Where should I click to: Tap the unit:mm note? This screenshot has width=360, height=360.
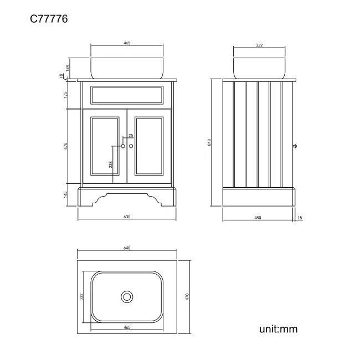coord(278,329)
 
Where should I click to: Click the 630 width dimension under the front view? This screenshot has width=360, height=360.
coord(127,217)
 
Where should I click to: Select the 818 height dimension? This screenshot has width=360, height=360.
coord(209,142)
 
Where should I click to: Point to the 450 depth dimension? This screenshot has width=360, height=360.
coord(258,218)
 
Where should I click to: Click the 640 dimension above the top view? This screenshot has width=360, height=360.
coord(127,248)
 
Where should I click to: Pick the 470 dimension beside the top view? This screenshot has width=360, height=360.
coord(188,297)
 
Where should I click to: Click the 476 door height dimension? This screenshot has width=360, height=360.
coord(66,146)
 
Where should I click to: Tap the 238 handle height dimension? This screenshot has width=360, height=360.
coord(111,164)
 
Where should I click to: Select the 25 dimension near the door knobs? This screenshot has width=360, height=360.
coord(131,136)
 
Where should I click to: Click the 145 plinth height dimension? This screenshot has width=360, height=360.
coord(66,194)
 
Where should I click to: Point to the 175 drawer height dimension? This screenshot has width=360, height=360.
coord(66,95)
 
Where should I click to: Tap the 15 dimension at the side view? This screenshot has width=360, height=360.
coord(300,218)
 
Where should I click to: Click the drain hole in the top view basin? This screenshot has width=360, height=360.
coord(127,297)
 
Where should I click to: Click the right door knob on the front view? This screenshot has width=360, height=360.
coord(131,146)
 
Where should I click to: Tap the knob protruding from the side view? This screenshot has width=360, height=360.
coord(296,146)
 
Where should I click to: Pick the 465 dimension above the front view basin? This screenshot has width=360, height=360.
coord(127,43)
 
